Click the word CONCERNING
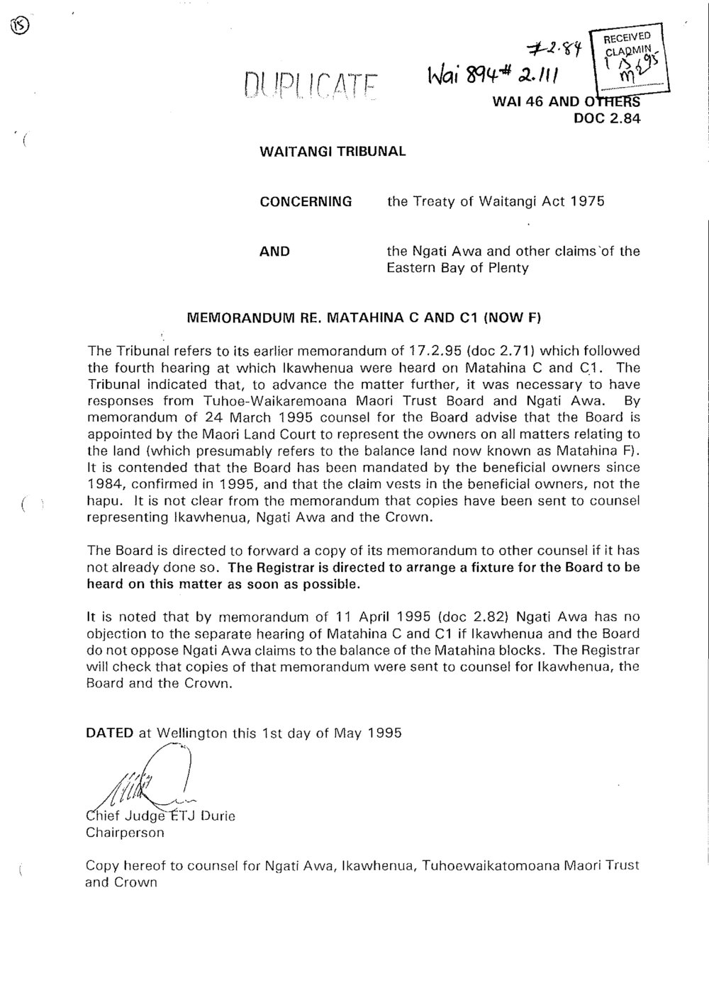tap(306, 201)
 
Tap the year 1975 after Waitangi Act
tap(587, 201)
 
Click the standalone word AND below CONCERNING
tap(274, 251)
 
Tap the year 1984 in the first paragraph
tap(104, 485)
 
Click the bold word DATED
tap(109, 733)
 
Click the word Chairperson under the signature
tap(124, 832)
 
